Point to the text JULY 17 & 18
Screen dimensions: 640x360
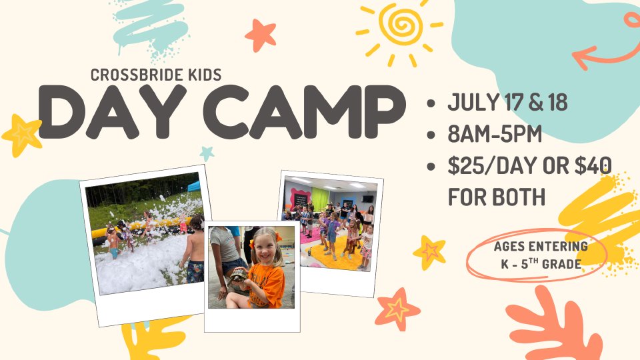[x=507, y=102]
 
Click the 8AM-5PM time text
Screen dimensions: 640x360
[x=495, y=133]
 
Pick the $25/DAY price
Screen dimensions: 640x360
[x=493, y=165]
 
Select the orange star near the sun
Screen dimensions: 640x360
[x=261, y=35]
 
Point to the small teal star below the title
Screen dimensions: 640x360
[x=207, y=153]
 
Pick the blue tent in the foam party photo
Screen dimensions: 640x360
[x=194, y=186]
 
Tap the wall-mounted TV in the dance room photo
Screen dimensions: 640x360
[x=367, y=199]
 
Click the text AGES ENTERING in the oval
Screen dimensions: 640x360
[x=541, y=246]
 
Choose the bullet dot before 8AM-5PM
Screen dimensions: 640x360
[x=431, y=135]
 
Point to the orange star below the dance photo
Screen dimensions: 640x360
[x=397, y=309]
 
